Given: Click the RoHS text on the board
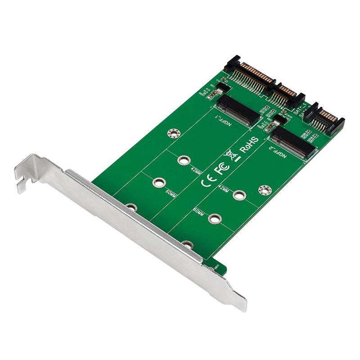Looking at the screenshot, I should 248,144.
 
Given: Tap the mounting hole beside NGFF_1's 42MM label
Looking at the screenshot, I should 183,160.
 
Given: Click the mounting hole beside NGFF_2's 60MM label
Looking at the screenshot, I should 215,219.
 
